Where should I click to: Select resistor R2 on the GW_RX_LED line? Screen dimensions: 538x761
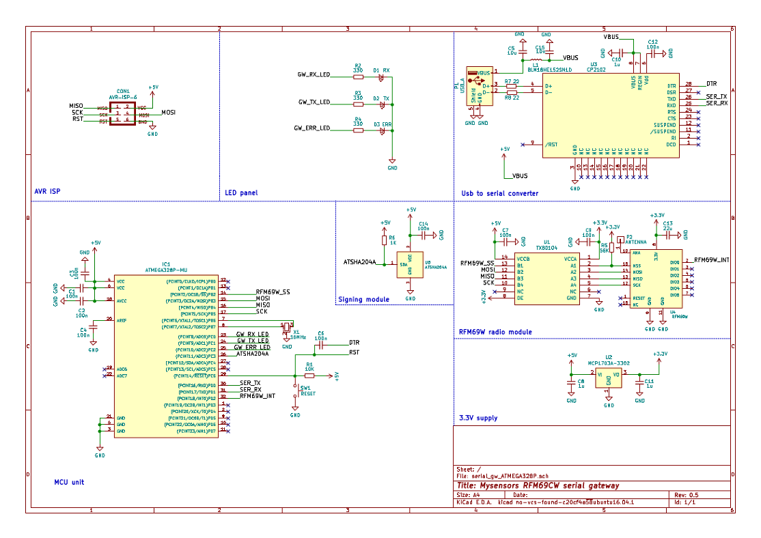357,75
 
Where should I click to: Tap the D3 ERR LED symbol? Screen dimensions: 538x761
383,128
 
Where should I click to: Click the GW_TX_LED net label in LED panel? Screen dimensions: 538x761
314,102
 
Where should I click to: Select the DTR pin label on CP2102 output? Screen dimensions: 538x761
711,83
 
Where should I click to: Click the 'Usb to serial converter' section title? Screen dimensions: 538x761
499,193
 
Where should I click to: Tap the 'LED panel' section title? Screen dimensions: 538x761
241,193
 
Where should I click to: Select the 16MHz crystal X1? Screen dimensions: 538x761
288,324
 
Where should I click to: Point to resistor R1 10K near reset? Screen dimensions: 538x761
309,376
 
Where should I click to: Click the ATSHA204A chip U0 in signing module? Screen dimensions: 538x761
409,264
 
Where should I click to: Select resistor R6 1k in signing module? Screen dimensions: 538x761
385,239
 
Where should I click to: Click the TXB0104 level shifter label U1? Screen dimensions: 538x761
546,247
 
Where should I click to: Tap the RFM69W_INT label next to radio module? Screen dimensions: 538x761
712,260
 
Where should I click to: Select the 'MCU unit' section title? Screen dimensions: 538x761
69,482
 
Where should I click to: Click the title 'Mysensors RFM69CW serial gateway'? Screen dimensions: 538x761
538,485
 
